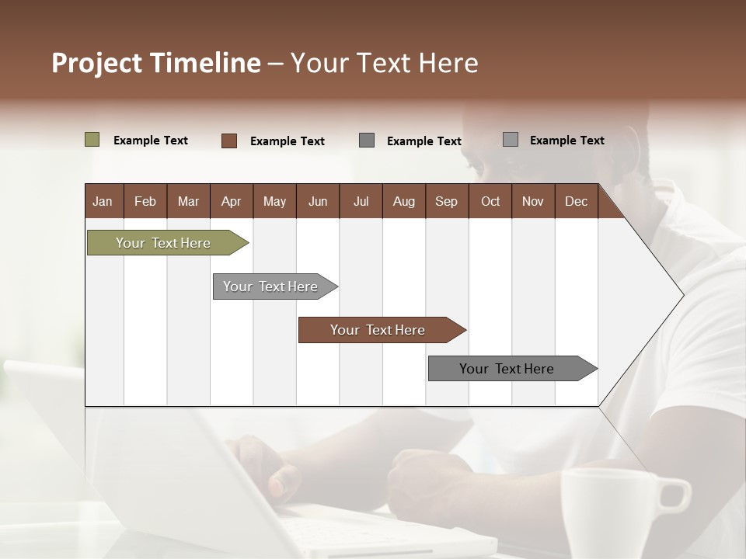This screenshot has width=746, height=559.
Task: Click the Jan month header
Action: [103, 202]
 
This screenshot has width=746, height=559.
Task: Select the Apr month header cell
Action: [231, 202]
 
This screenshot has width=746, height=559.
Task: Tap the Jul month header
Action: [361, 202]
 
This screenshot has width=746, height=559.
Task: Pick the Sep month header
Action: [446, 202]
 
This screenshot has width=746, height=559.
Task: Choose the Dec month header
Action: [576, 202]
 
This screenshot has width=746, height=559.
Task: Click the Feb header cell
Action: [145, 202]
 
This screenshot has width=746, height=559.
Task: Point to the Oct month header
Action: [490, 202]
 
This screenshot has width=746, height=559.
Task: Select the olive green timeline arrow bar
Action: [163, 243]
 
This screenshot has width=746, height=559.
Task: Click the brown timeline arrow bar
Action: [378, 330]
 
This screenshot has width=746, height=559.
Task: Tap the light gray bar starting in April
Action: [270, 286]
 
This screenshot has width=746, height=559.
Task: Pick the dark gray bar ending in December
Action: [507, 369]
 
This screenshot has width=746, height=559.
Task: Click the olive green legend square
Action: [92, 140]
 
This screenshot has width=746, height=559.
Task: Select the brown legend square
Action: [228, 141]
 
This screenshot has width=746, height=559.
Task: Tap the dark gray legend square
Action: [367, 141]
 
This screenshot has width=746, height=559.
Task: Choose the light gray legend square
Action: [510, 140]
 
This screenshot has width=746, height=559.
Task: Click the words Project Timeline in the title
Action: [155, 63]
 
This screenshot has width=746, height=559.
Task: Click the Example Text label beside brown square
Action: [287, 141]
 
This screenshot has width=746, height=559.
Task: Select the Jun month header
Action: [318, 202]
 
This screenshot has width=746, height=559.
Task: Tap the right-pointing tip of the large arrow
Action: [682, 294]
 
